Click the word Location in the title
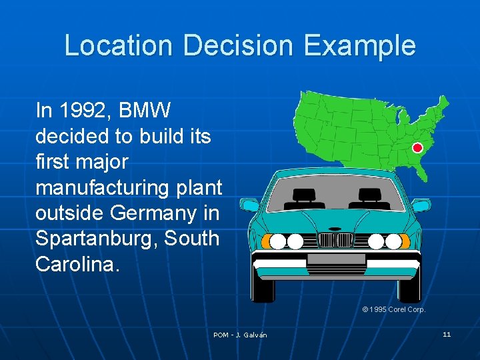119,45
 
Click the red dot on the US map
418,148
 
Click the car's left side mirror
249,205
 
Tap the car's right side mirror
421,205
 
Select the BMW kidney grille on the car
336,241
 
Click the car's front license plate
336,259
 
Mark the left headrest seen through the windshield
304,195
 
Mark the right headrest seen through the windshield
367,195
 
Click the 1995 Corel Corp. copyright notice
393,309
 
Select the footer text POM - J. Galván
240,335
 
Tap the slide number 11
447,334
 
